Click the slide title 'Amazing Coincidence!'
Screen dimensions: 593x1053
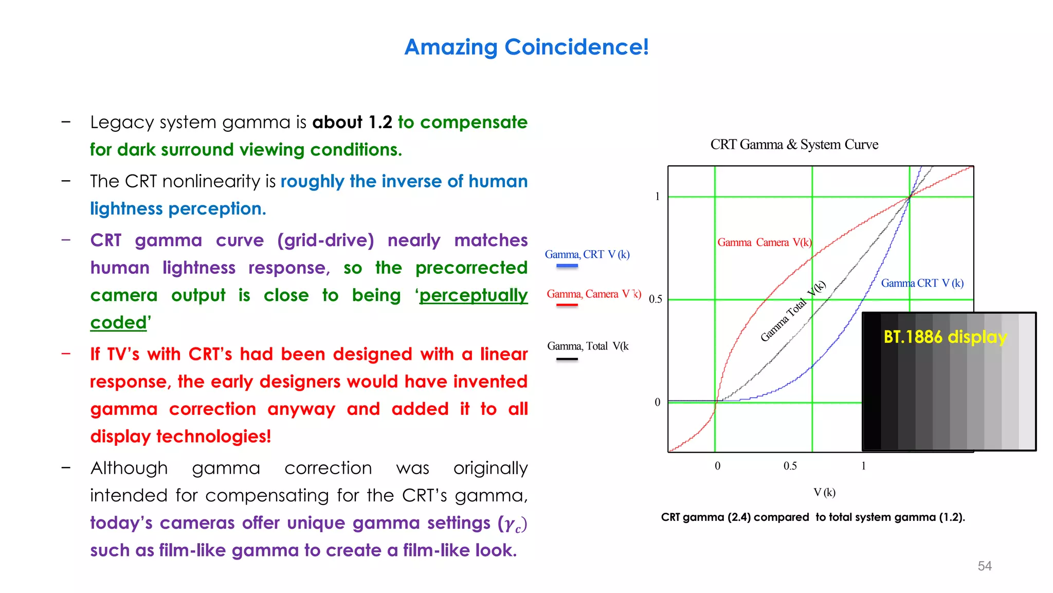point(526,47)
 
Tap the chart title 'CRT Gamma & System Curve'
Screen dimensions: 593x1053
point(794,145)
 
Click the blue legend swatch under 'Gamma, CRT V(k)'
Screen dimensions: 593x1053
point(567,266)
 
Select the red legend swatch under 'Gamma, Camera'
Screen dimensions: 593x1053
point(567,305)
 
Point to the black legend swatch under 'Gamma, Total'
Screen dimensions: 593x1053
point(567,359)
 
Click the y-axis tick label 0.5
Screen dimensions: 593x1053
point(655,299)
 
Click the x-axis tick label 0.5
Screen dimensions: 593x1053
point(790,466)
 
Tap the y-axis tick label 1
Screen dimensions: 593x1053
point(657,196)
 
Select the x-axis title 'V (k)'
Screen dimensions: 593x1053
point(824,493)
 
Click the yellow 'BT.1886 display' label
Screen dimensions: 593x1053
point(945,337)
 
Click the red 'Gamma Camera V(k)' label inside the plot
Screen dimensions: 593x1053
point(764,242)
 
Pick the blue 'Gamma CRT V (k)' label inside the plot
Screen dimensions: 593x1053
point(922,283)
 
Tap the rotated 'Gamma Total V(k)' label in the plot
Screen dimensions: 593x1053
point(793,311)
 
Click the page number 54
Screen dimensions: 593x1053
point(984,566)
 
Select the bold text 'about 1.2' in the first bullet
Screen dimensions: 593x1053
point(352,123)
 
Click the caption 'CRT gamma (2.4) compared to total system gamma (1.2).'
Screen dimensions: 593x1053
point(812,517)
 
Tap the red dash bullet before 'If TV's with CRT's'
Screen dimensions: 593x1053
point(66,354)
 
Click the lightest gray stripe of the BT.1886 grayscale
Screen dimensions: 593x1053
point(1027,381)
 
